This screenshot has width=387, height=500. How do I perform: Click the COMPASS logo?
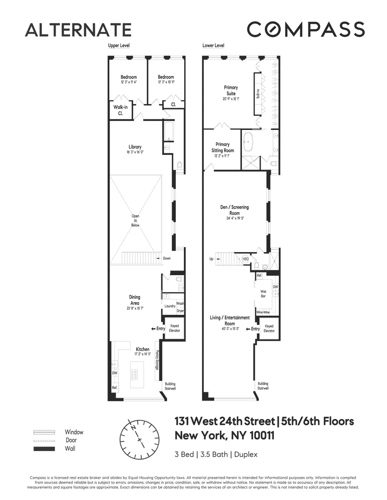coord(305,29)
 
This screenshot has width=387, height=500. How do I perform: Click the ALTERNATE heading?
coord(78,30)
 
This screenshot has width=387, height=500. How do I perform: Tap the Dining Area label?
coord(135,300)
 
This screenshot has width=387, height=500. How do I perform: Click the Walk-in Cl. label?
coord(120,110)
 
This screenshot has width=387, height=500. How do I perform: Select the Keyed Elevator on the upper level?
coord(174,329)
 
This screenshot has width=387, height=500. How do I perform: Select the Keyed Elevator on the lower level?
coord(269,328)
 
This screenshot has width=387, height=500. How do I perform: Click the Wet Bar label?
coord(262,293)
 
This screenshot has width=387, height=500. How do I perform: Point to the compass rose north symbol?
coord(134,428)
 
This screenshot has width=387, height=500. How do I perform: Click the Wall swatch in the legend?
coord(44,449)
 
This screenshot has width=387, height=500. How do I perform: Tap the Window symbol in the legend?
coord(44,432)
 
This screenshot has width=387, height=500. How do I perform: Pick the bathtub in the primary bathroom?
coord(248,142)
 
